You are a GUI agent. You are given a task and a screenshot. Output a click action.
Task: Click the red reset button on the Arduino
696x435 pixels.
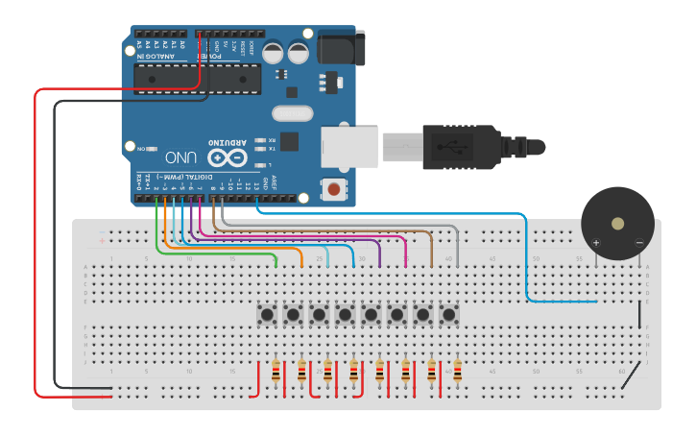point(333,189)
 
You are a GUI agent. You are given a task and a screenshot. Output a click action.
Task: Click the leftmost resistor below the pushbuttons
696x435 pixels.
point(277,371)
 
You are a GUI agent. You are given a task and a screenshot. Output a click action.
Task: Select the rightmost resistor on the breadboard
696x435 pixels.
point(458,371)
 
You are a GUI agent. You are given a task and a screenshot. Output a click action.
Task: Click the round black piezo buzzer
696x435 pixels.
point(617,223)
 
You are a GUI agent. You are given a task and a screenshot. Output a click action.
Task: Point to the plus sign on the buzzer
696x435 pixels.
point(595,243)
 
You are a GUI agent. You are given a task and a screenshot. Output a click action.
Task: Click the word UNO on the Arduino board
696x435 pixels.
point(181,156)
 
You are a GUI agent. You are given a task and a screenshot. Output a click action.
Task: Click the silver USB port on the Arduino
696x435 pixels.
point(348,147)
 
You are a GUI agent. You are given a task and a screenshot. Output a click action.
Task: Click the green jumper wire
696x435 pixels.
point(216,252)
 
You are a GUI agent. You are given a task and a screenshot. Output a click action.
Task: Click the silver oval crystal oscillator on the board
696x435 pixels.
point(291,113)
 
